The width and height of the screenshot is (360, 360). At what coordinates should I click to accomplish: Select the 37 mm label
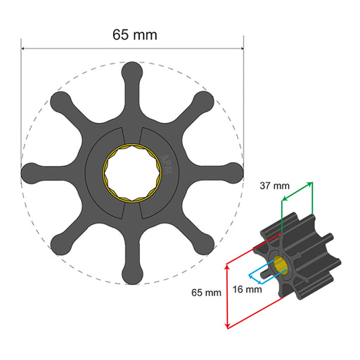pyautogui.click(x=273, y=186)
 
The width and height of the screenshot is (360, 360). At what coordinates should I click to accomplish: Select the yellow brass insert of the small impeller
pyautogui.click(x=281, y=264)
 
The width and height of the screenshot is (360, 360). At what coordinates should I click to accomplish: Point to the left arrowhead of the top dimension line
pyautogui.click(x=24, y=49)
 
